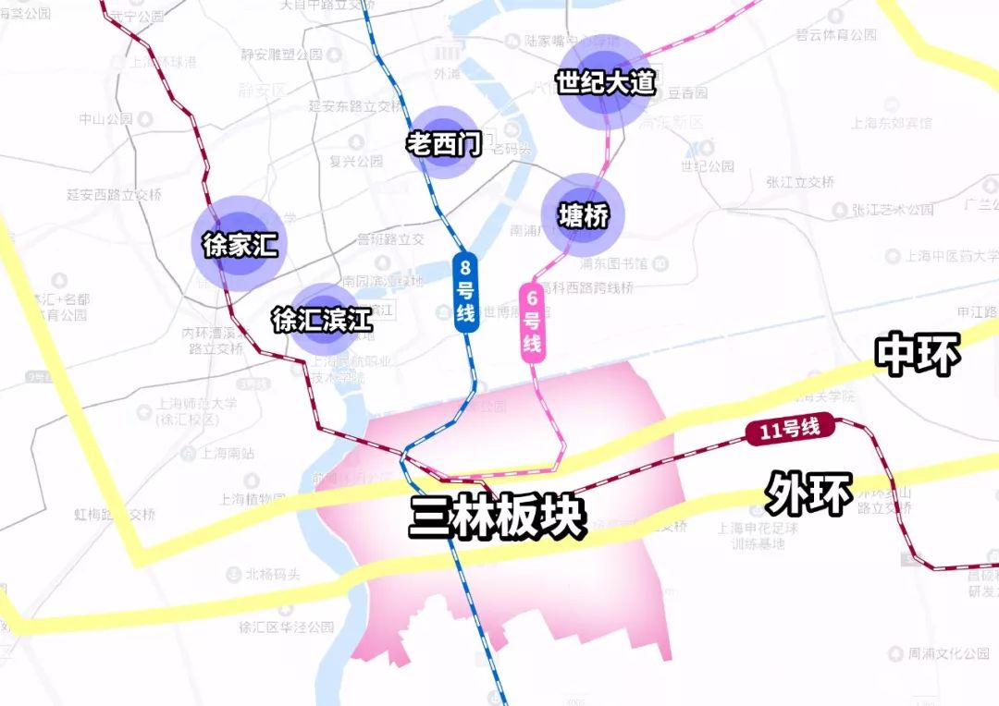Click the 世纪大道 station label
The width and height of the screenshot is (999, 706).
(606, 82)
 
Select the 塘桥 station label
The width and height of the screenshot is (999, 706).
(584, 216)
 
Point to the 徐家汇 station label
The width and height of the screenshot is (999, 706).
(240, 245)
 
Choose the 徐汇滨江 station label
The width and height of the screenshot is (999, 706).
(322, 320)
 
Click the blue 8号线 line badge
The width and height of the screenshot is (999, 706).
(465, 293)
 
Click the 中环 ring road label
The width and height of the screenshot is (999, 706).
(919, 354)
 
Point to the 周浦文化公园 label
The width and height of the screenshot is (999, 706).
(948, 653)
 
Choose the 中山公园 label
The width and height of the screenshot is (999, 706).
(106, 119)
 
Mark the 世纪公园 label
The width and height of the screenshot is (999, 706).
(708, 166)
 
